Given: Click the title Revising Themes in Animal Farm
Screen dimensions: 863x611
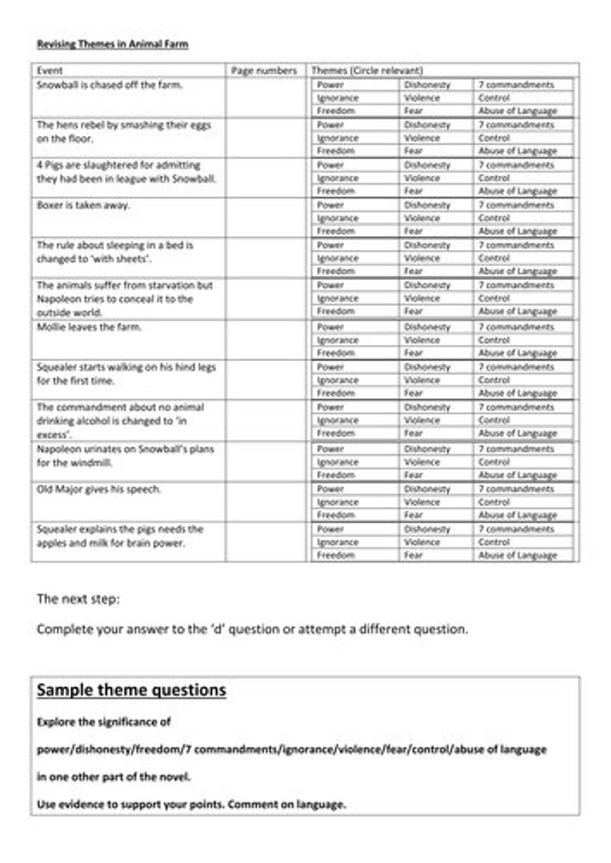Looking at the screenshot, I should click(112, 44).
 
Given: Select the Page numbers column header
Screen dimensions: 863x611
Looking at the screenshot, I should click(264, 71).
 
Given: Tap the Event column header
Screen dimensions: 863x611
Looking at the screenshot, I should click(49, 71).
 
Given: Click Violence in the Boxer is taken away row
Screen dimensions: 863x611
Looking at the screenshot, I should click(422, 218).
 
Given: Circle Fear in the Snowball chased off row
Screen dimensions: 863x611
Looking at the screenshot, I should click(413, 111).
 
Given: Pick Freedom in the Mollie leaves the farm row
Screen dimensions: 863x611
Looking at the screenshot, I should click(336, 353).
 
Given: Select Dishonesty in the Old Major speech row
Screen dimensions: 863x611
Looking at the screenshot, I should click(427, 489).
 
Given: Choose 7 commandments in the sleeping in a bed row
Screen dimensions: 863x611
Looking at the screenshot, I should click(516, 245).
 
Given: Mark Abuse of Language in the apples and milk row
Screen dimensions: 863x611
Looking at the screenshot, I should click(518, 555).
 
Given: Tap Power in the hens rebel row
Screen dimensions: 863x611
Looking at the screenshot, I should click(330, 125).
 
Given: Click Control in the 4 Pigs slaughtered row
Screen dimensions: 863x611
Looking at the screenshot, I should click(494, 178).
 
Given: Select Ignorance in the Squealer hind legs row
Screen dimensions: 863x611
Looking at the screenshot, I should click(338, 380).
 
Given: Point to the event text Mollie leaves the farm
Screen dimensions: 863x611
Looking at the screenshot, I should click(89, 327).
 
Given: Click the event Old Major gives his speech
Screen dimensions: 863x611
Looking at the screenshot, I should click(98, 489).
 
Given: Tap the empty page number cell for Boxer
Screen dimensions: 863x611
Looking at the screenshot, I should click(265, 218).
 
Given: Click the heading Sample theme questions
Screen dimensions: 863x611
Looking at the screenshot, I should click(131, 690).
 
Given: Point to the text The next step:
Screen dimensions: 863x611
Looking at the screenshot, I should click(78, 599).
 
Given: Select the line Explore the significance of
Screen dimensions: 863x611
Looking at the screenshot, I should click(103, 722).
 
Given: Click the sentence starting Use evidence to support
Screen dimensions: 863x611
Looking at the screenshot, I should click(191, 804).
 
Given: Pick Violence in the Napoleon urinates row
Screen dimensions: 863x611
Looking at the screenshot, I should click(422, 462).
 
